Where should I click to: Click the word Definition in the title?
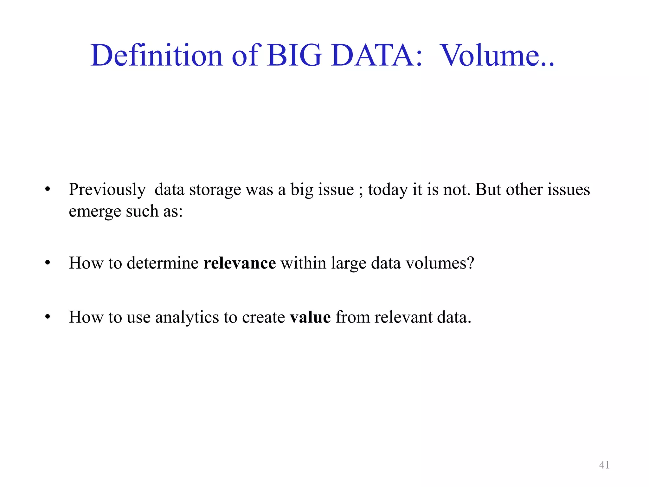pyautogui.click(x=157, y=55)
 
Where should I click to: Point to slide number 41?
pyautogui.click(x=604, y=465)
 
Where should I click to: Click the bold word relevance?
pyautogui.click(x=240, y=263)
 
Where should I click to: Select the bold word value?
pyautogui.click(x=310, y=317)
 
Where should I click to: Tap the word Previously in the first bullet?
pyautogui.click(x=107, y=190)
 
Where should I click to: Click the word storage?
pyautogui.click(x=215, y=190)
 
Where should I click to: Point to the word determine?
pyautogui.click(x=163, y=263)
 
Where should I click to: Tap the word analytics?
pyautogui.click(x=187, y=317)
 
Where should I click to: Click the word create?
pyautogui.click(x=263, y=317)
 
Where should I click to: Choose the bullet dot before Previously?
pyautogui.click(x=48, y=190)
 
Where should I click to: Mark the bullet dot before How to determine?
pyautogui.click(x=48, y=263)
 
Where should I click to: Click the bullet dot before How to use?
pyautogui.click(x=48, y=317)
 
